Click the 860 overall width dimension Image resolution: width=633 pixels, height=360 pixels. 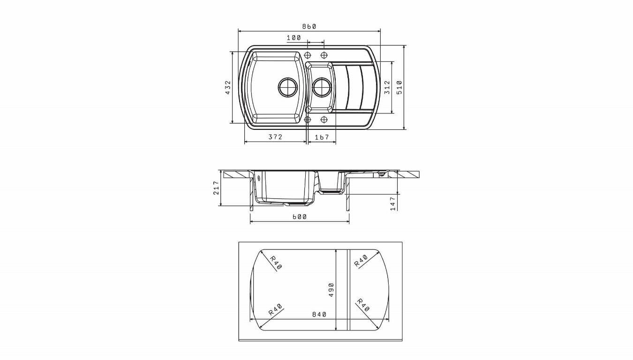pyautogui.click(x=309, y=27)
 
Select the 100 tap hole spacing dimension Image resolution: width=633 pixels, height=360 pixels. pyautogui.click(x=294, y=38)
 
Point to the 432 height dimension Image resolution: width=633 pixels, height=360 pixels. pyautogui.click(x=228, y=87)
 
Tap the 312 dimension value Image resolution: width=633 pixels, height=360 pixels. pyautogui.click(x=387, y=87)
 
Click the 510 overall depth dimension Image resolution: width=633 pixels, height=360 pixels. pyautogui.click(x=399, y=87)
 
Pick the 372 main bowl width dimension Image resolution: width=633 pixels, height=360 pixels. pyautogui.click(x=275, y=137)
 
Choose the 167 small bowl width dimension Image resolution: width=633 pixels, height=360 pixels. pyautogui.click(x=322, y=137)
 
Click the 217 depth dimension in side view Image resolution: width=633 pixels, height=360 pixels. pyautogui.click(x=216, y=188)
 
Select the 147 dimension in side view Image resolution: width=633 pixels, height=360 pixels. pyautogui.click(x=393, y=204)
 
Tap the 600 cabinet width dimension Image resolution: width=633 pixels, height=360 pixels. pyautogui.click(x=299, y=217)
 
